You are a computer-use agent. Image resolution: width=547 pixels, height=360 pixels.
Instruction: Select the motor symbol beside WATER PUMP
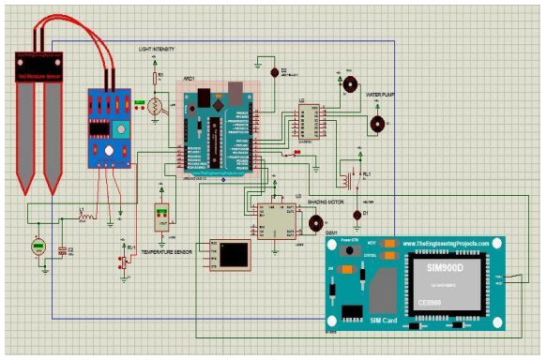[377, 123]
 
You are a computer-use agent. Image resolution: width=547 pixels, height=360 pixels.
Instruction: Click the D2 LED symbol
[273, 71]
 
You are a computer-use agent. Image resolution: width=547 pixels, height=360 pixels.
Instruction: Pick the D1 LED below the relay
[357, 215]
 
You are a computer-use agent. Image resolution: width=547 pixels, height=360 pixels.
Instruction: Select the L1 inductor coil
[86, 217]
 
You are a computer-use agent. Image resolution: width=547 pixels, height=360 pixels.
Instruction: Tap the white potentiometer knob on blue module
[110, 149]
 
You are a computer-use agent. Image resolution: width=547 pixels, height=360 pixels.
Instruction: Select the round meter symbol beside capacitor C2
[38, 247]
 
